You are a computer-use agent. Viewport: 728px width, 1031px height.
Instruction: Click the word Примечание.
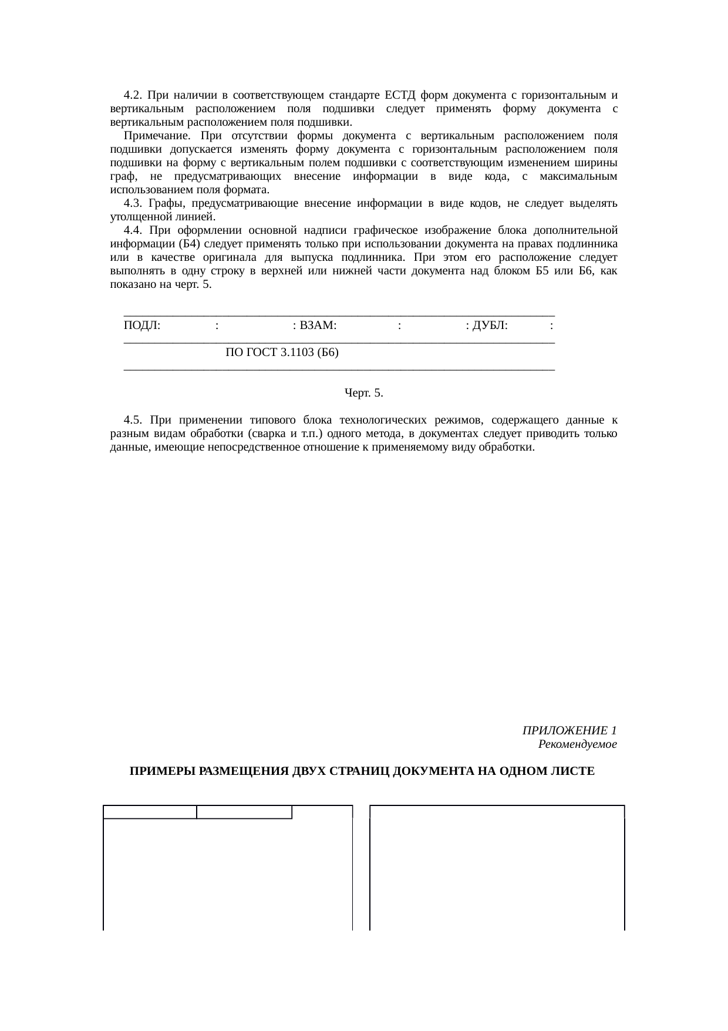(x=152, y=136)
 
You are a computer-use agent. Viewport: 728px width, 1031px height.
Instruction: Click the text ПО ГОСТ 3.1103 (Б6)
(x=282, y=352)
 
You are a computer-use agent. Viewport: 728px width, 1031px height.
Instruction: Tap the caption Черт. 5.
(x=363, y=393)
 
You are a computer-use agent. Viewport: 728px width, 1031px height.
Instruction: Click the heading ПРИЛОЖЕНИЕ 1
(x=569, y=730)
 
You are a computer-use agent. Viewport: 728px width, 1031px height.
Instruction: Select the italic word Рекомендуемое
(x=577, y=744)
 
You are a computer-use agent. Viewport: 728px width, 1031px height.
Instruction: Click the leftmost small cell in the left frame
(x=150, y=812)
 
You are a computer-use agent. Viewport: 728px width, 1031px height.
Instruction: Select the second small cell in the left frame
(x=244, y=812)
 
